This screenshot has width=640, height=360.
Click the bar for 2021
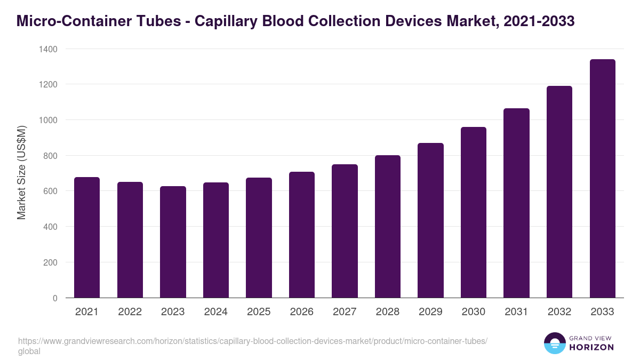tap(87, 237)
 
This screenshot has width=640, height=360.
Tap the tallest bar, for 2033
tap(603, 179)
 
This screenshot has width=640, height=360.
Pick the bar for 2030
tap(474, 212)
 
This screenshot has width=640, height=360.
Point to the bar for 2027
tap(345, 231)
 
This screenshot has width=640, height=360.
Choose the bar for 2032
tap(559, 192)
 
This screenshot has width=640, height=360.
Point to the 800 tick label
tap(50, 156)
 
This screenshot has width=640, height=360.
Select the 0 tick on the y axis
tap(55, 298)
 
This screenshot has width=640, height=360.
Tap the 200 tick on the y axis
tap(50, 262)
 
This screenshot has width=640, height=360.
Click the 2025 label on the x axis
tap(259, 312)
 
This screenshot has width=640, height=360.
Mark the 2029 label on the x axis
tap(430, 312)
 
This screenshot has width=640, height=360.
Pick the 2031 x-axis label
tap(516, 312)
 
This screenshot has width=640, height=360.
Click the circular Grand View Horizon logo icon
tap(554, 343)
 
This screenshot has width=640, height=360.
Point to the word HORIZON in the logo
tap(591, 347)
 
